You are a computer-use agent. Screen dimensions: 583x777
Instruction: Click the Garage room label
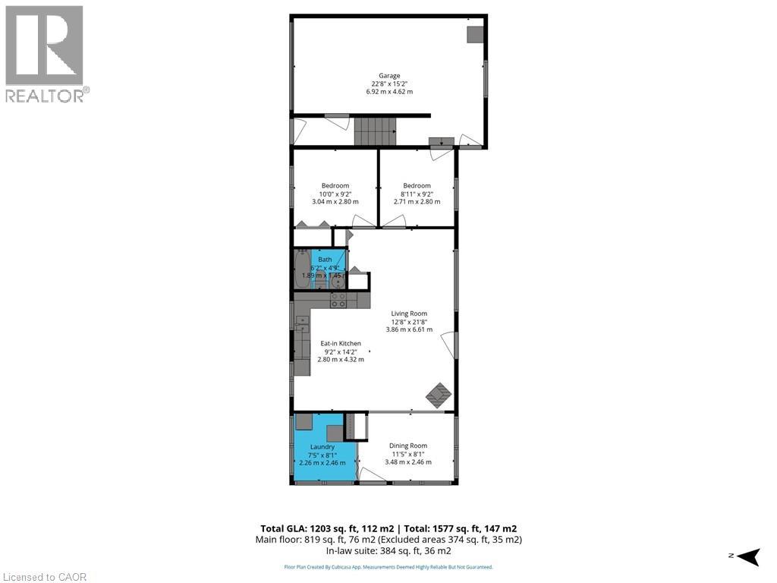click(388, 76)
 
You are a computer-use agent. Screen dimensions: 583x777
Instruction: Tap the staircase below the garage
click(376, 131)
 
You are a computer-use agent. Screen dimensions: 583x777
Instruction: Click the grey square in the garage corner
click(475, 34)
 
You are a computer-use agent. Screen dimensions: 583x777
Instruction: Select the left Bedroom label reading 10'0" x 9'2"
click(335, 194)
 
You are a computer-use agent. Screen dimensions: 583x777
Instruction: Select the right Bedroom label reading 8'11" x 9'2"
click(417, 194)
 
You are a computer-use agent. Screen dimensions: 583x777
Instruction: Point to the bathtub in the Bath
click(302, 271)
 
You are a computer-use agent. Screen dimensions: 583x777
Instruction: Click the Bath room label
click(325, 260)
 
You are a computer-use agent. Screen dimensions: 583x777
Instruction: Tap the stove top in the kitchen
click(338, 300)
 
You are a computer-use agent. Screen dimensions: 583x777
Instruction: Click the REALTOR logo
click(45, 53)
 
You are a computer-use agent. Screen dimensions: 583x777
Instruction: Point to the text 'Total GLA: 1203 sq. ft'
click(319, 528)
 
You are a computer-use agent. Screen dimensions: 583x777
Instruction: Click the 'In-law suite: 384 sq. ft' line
click(388, 550)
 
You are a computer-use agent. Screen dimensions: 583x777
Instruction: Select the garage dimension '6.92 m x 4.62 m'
click(388, 92)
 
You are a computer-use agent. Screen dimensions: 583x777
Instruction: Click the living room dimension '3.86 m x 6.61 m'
click(409, 329)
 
